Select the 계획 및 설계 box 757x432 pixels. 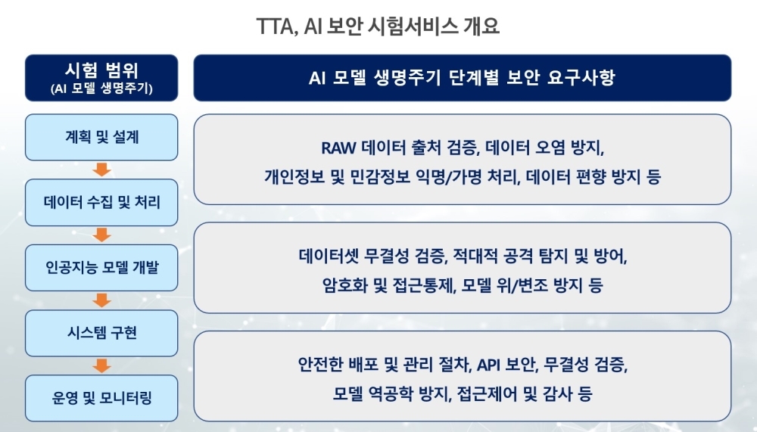click(101, 137)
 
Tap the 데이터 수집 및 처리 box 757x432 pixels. click(101, 202)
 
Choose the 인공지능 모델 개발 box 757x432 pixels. click(101, 267)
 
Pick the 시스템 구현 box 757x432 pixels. click(101, 333)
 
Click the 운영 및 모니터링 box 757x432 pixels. click(101, 398)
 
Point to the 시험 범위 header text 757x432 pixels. click(101, 70)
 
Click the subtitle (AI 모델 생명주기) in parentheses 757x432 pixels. click(101, 89)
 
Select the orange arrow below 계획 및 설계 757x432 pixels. click(101, 169)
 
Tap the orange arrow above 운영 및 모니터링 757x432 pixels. click(101, 365)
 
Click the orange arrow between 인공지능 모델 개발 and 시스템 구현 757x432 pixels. click(101, 300)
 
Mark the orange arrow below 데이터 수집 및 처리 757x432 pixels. click(101, 235)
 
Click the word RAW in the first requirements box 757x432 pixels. click(338, 148)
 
